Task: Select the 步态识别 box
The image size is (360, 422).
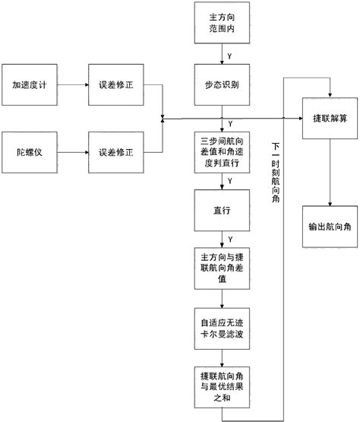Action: [222, 86]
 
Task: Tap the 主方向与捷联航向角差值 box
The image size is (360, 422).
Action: [222, 267]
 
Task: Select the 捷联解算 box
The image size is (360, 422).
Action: [327, 119]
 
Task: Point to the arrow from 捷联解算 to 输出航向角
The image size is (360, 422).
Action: [327, 172]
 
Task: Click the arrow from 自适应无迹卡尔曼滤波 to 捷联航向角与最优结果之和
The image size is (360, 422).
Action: [222, 357]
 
